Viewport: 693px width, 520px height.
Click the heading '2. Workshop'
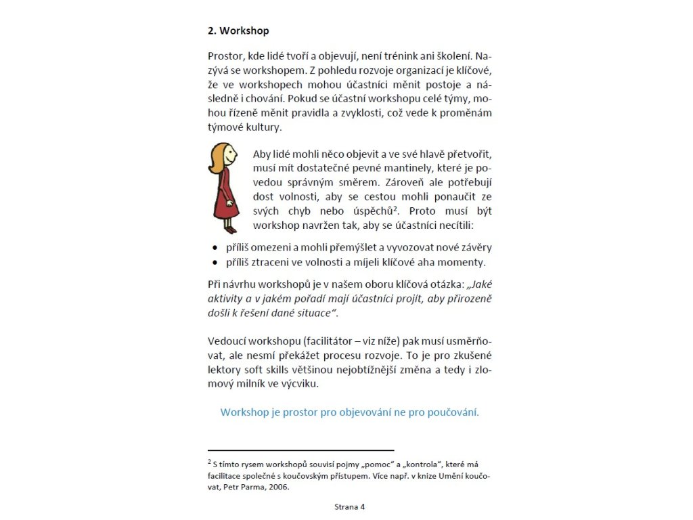[238, 31]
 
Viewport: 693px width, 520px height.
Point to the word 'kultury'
[262, 127]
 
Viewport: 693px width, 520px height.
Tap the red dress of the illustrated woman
[225, 196]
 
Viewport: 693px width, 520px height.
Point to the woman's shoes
[229, 229]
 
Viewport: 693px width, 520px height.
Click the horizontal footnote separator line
[300, 450]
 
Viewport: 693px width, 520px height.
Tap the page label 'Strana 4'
[349, 506]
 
